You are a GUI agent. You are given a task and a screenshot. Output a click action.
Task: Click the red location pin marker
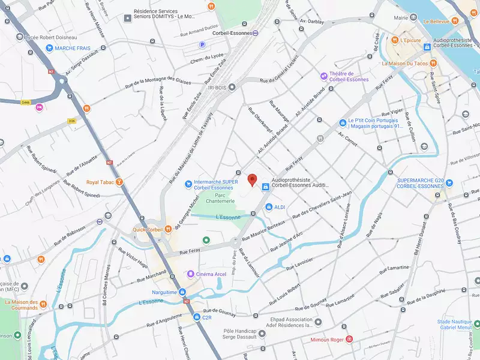pos(253,180)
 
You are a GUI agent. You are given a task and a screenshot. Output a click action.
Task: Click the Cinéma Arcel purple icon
pos(189,274)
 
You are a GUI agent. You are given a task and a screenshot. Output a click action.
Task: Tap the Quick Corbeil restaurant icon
pos(169,229)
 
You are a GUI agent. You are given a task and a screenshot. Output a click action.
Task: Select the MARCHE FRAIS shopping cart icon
pos(48,47)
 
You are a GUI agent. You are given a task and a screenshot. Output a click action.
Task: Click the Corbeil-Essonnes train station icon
pos(256,33)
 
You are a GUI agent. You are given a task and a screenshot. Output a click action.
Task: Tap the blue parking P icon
pos(202,44)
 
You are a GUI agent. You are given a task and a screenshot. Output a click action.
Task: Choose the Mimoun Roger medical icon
pos(349,339)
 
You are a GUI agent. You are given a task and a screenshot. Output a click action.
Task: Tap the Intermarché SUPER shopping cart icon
pos(188,183)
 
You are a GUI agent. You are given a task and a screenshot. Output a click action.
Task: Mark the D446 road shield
pos(26,102)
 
